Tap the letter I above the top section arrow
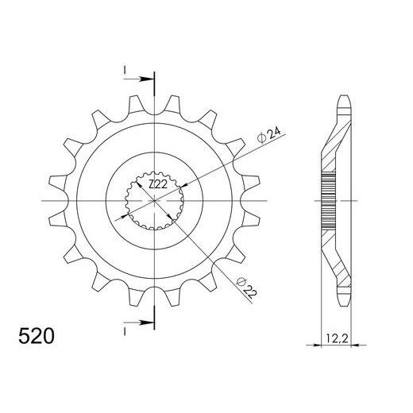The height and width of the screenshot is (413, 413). coord(125,71)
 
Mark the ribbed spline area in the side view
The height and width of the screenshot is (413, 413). coord(329,200)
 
